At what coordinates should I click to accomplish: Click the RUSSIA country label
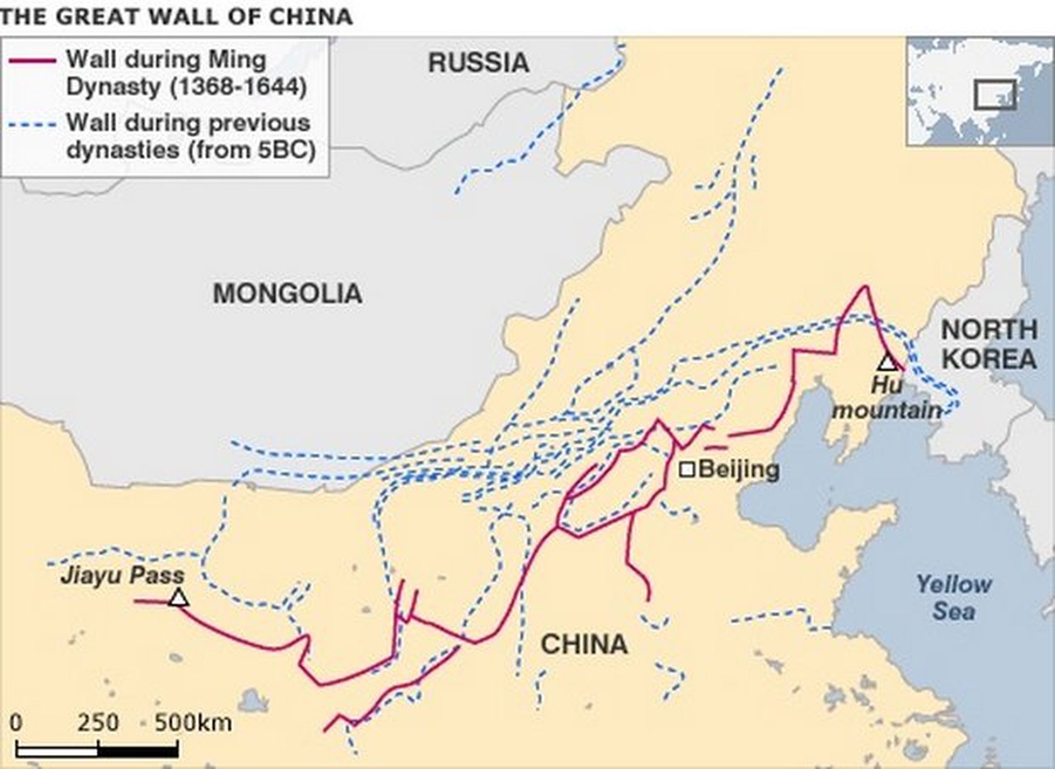pos(478,63)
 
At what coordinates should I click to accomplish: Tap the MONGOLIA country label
pos(287,293)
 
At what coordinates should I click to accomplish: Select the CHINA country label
pos(584,644)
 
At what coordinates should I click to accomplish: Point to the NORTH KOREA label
pos(989,344)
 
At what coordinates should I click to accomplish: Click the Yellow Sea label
pos(954,598)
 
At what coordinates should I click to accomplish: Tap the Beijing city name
pos(740,470)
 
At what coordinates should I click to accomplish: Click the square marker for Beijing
pos(687,470)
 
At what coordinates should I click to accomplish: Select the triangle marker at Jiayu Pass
pos(178,598)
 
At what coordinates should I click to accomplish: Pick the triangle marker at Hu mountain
pos(887,363)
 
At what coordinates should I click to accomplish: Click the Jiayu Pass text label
pos(123,576)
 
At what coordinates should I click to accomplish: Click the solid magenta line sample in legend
pos(32,60)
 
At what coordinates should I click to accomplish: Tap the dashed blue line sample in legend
pos(32,124)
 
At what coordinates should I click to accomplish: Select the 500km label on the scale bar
pos(193,722)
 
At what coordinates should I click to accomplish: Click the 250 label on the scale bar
pos(98,722)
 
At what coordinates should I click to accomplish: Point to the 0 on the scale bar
pos(16,722)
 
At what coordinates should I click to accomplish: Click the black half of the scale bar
pos(138,749)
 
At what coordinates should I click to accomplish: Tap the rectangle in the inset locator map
pos(995,94)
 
